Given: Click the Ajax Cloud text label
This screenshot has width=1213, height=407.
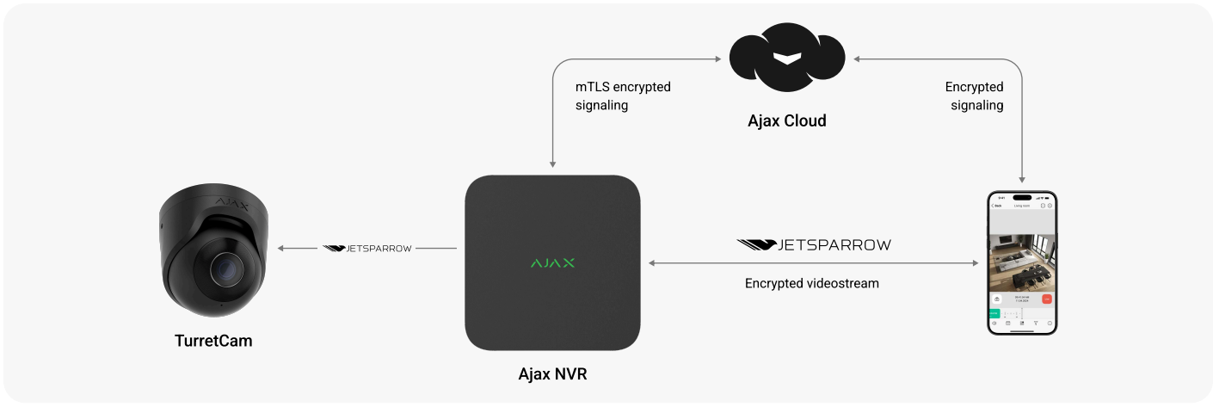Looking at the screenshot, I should (786, 120).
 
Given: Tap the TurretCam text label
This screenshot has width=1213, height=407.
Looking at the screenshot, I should (212, 341).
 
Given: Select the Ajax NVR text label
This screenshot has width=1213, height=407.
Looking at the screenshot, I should (552, 374).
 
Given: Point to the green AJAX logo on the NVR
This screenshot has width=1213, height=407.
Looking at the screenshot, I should (552, 262).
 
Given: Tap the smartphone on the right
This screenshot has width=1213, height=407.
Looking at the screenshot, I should (1021, 263).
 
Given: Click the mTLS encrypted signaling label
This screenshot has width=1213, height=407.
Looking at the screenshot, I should (623, 96).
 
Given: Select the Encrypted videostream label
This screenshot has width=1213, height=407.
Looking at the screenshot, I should (811, 283).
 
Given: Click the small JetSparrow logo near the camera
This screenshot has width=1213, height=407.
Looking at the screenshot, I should (367, 248).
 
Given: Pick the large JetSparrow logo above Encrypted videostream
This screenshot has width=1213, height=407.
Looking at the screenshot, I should (814, 245).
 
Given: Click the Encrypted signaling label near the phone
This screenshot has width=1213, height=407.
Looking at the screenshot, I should (975, 96).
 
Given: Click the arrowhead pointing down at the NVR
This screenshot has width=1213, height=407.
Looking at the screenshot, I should (552, 163).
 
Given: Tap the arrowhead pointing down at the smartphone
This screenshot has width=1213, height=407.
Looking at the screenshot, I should (1021, 177).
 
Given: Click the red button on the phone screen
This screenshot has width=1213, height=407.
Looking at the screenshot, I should (1046, 299).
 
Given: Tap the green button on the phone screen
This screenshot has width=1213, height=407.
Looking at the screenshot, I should (994, 314).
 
